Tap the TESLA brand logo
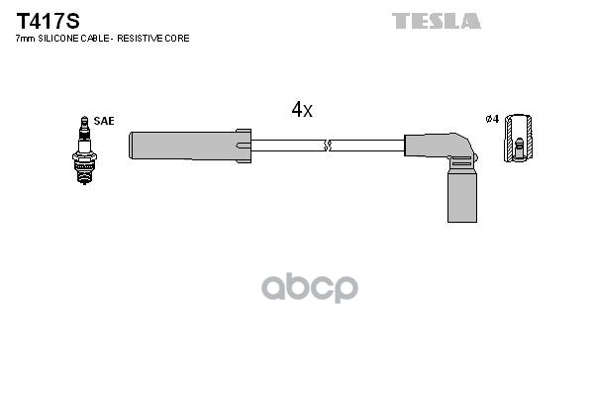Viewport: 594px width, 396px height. (x=436, y=20)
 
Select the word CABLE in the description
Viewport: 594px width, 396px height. (x=101, y=38)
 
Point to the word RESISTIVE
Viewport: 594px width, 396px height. (x=145, y=38)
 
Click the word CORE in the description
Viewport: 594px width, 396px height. (x=178, y=38)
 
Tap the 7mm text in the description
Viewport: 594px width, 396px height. (x=25, y=38)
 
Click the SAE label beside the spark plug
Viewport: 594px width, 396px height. (x=106, y=121)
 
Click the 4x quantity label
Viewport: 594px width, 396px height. (x=302, y=111)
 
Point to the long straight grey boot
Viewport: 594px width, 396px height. (x=183, y=146)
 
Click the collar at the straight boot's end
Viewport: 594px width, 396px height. (x=245, y=146)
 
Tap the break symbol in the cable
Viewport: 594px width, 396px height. (x=329, y=146)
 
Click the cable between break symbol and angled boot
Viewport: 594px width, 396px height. (x=368, y=146)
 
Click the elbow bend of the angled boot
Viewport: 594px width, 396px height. (x=458, y=148)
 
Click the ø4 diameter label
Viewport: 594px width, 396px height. (x=491, y=121)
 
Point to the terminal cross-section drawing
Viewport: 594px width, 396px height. (x=518, y=142)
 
